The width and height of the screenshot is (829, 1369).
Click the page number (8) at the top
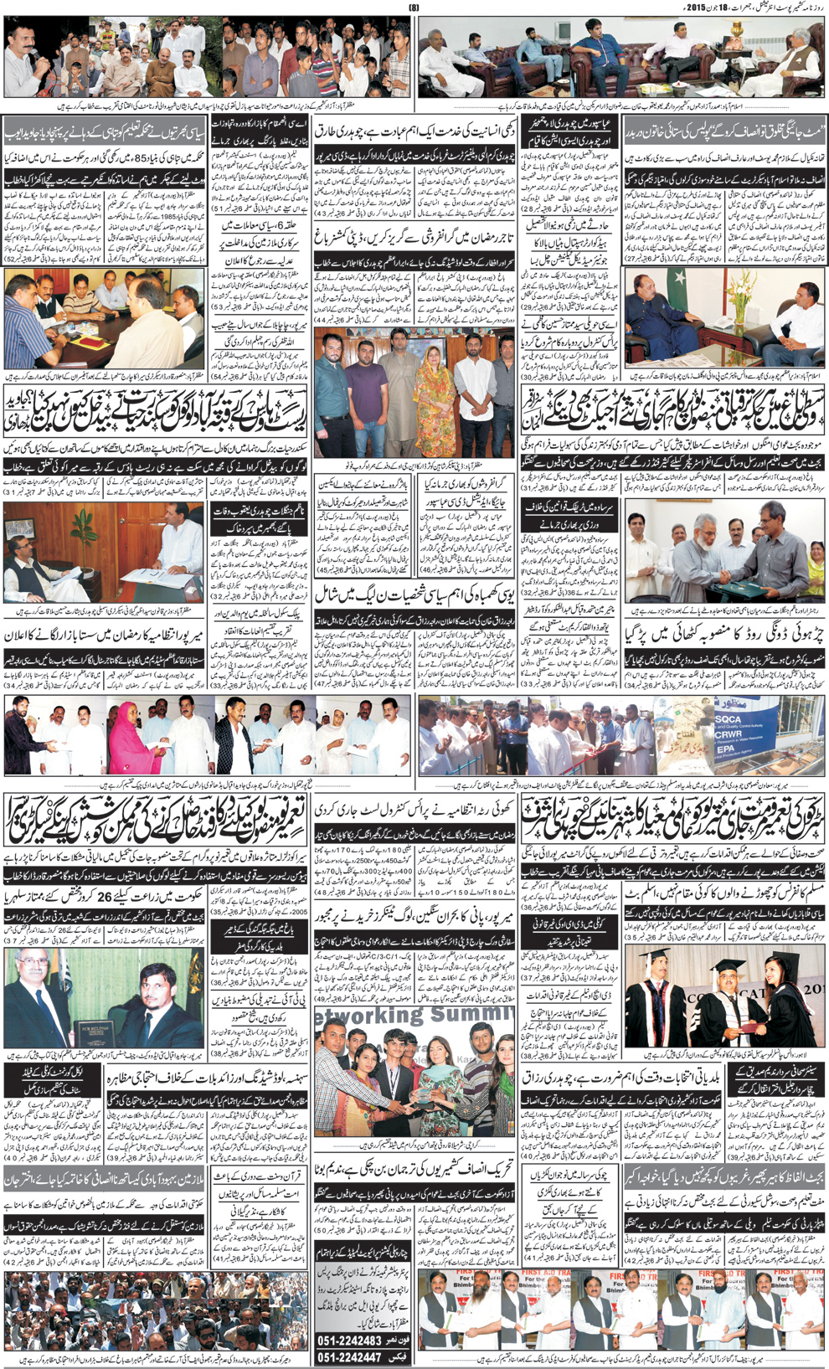413,8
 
